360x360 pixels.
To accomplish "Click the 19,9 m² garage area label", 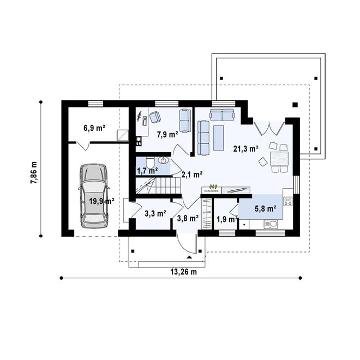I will [101, 201].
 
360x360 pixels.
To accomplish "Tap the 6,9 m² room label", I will [94, 128].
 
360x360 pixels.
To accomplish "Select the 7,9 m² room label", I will [167, 134].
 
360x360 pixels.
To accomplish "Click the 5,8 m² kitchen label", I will [265, 208].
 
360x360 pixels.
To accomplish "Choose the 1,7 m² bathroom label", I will [147, 171].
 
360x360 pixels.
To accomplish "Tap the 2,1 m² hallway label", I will [191, 175].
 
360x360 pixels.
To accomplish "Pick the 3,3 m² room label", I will [155, 214].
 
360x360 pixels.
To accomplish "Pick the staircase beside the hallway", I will [158, 187].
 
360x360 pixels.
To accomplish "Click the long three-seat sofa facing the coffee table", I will [204, 136].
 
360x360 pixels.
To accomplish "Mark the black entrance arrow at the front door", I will [189, 255].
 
